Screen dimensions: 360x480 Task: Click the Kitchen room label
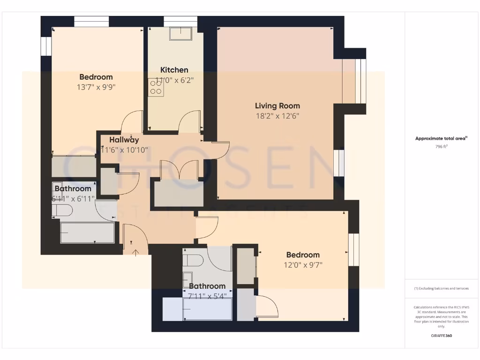[x=174, y=70]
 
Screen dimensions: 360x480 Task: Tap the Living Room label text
[x=277, y=105]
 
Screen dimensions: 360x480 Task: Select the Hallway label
[x=124, y=140]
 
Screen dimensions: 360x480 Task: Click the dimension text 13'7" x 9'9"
[x=96, y=87]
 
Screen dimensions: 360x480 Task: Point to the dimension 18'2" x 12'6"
[x=277, y=116]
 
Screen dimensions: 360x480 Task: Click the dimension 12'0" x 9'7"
[x=303, y=264]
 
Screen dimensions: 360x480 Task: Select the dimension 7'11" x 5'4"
[x=207, y=296]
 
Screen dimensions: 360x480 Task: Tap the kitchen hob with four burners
[x=156, y=88]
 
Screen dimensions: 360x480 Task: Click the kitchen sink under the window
[x=180, y=34]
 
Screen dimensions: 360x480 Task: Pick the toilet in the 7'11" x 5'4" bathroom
[x=193, y=260]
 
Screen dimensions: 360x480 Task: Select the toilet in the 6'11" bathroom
[x=62, y=210]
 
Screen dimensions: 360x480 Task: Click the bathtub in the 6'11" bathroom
[x=87, y=233]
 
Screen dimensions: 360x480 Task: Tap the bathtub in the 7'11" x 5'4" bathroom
[x=207, y=310]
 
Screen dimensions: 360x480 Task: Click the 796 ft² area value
[x=442, y=147]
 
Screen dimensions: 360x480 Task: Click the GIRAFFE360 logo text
[x=442, y=336]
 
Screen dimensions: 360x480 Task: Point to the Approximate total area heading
[x=441, y=138]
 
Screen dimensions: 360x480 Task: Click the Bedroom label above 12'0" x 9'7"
[x=303, y=255]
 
